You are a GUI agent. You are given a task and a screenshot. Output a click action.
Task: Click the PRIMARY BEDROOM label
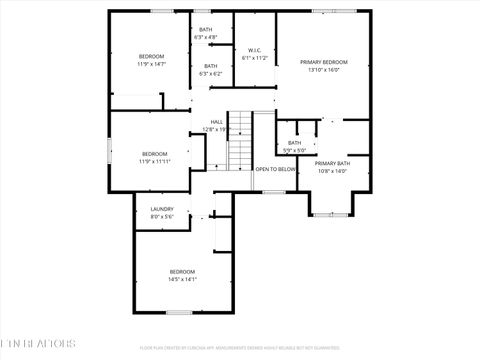click(x=324, y=62)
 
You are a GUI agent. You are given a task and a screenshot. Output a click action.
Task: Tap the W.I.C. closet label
click(x=255, y=50)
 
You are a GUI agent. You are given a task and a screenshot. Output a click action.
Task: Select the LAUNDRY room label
click(x=162, y=209)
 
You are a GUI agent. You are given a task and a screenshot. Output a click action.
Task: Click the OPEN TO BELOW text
click(x=275, y=169)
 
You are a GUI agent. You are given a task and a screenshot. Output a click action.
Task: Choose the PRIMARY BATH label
click(x=331, y=163)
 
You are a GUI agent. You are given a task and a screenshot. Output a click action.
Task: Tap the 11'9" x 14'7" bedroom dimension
click(x=151, y=64)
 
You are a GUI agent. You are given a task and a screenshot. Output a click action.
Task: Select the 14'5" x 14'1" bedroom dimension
click(x=182, y=279)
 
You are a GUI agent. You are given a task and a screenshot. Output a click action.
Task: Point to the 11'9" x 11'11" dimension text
click(x=154, y=161)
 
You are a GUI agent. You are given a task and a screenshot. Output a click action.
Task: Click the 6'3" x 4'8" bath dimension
click(x=206, y=38)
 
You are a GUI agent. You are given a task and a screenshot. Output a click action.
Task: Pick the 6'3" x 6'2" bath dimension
click(x=210, y=73)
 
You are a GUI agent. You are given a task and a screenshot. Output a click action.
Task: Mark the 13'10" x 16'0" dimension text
click(x=324, y=70)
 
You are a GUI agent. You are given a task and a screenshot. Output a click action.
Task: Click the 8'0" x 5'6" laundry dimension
click(x=162, y=217)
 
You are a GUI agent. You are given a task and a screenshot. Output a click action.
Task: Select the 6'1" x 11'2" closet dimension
click(x=255, y=58)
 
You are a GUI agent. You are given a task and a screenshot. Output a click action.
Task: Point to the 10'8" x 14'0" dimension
click(x=331, y=171)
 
